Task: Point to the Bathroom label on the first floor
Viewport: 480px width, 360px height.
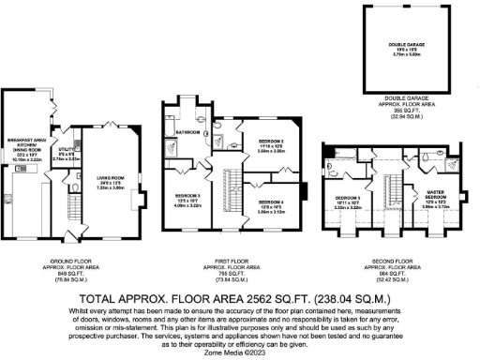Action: pyautogui.click(x=188, y=132)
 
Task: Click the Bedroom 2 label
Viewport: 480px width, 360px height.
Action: pyautogui.click(x=271, y=143)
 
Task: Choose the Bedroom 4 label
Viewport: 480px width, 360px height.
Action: pyautogui.click(x=271, y=202)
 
